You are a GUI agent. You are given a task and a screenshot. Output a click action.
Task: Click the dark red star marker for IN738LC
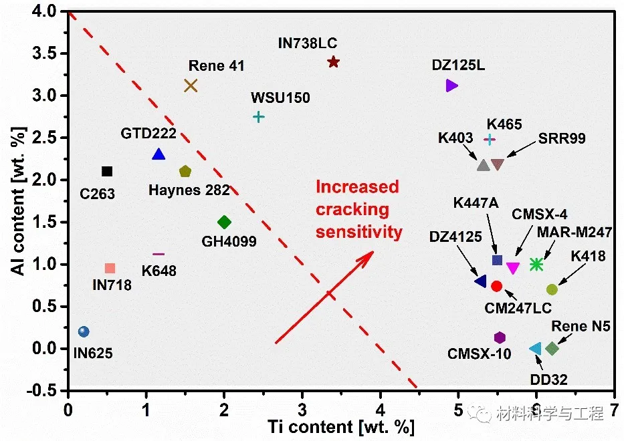coord(333,62)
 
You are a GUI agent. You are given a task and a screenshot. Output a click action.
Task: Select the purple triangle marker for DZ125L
coord(451,86)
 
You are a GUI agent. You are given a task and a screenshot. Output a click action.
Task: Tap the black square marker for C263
coord(107,172)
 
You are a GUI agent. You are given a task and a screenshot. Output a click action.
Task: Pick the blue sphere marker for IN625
coord(84,331)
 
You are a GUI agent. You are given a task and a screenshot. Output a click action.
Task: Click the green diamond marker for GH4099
coord(224,222)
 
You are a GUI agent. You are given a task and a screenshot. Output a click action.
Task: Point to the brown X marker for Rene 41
coord(191,86)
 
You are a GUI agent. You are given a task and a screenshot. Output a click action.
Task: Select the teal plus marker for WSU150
coord(259,117)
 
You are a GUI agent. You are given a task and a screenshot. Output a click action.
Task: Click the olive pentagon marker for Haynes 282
coord(185,172)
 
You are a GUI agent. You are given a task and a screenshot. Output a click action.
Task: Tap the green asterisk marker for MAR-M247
coord(536,265)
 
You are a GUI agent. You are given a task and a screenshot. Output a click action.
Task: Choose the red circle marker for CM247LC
coord(496,286)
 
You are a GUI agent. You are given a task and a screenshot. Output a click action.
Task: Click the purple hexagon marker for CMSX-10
coord(500,337)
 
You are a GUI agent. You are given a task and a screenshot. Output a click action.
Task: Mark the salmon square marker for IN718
coord(110,269)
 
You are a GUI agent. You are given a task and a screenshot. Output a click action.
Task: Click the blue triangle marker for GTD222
coord(159,154)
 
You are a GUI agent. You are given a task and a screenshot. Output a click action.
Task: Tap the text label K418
coord(589,256)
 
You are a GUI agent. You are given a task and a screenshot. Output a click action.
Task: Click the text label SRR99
coord(562,139)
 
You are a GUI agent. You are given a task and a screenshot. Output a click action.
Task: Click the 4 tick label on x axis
coord(381,408)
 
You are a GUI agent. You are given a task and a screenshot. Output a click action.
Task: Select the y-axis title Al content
coord(19,200)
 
